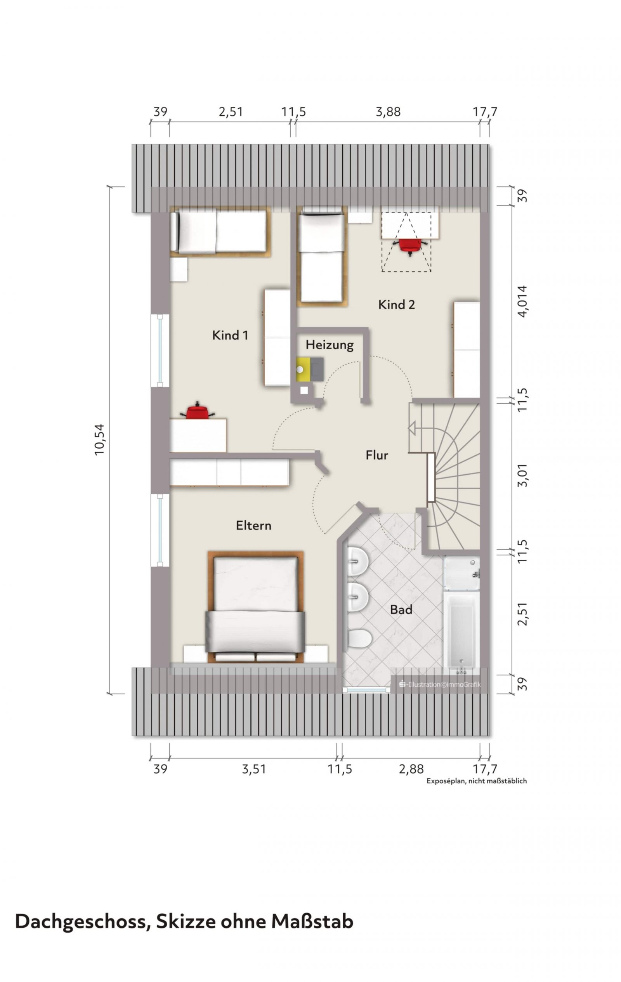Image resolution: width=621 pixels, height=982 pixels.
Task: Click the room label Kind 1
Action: tap(230, 335)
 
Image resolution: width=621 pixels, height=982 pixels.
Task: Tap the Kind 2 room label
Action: tap(396, 305)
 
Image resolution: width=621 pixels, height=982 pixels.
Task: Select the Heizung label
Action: tap(330, 345)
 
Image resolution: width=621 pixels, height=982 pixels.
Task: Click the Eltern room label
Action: tap(253, 525)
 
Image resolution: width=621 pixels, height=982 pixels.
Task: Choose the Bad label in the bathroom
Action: tap(401, 610)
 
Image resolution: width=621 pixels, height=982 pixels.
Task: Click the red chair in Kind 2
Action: tap(410, 245)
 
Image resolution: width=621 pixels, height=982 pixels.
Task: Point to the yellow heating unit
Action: tap(303, 369)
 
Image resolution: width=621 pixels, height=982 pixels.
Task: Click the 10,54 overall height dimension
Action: tap(100, 440)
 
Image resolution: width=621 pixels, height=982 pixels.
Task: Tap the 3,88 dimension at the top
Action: tap(388, 112)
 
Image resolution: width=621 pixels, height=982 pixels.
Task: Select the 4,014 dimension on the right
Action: tap(522, 300)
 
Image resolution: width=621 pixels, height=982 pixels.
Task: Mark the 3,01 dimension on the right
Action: tap(522, 475)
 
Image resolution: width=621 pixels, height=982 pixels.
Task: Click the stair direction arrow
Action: tap(411, 428)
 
